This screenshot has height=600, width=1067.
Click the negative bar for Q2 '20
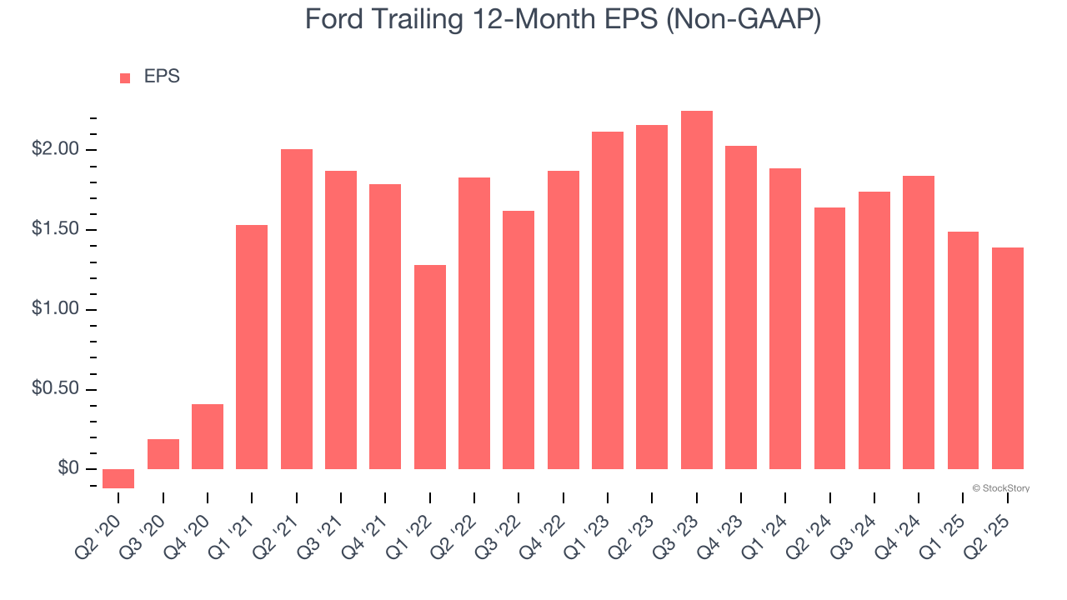tap(118, 478)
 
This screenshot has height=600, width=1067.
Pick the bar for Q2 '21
tap(297, 309)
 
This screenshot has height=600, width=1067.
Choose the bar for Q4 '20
tap(208, 437)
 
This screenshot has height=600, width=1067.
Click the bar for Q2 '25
tap(1007, 358)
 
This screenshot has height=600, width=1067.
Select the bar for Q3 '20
tap(163, 454)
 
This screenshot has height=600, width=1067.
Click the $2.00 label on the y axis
tap(54, 150)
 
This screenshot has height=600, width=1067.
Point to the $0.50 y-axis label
tap(54, 390)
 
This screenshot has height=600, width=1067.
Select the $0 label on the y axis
tap(68, 469)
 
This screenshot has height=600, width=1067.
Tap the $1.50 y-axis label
tap(54, 230)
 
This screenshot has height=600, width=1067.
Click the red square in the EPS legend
tap(125, 78)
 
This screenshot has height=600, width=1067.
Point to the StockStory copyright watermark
tap(1000, 488)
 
